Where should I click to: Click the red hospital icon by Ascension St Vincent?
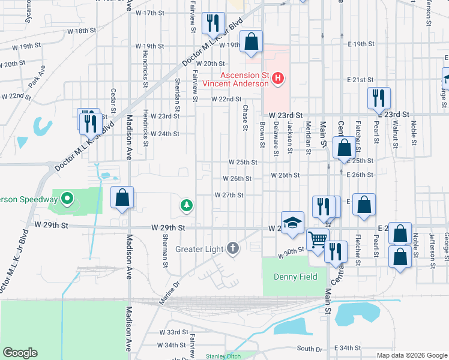[278, 78]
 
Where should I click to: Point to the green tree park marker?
[187, 206]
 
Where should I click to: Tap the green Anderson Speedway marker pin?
[67, 199]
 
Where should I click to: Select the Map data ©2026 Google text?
[412, 355]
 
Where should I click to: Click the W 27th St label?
[229, 195]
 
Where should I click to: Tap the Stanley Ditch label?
[223, 356]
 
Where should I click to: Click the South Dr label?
[309, 349]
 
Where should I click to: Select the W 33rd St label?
[173, 332]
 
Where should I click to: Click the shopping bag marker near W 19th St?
[252, 43]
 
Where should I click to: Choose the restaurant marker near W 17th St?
[212, 23]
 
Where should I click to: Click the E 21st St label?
[360, 80]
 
